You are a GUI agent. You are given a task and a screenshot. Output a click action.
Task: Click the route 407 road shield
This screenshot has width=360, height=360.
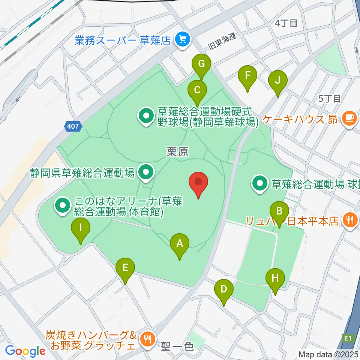point(73,126)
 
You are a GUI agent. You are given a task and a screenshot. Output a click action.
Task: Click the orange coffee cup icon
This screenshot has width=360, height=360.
point(350,119)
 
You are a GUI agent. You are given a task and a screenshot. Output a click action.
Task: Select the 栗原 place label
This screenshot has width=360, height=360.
point(177,151)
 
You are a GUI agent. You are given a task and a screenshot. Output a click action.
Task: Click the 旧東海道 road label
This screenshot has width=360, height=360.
point(222,42)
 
